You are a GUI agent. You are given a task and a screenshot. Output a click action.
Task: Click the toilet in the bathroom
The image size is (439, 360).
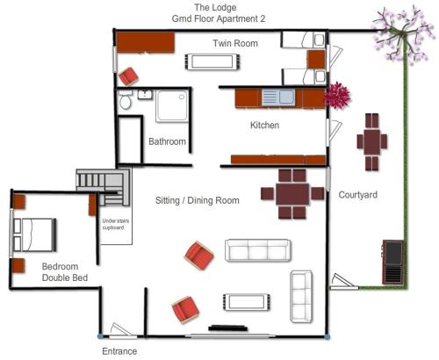[x=126, y=99]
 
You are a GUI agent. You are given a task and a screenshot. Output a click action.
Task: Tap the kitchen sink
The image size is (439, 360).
[x=278, y=97]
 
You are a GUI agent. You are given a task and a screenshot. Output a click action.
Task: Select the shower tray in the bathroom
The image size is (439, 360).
[x=172, y=105]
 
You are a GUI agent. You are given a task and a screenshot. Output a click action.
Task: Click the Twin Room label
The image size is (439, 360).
[x=235, y=43]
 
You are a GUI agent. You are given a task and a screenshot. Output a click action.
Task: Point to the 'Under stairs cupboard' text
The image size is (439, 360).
[x=115, y=224]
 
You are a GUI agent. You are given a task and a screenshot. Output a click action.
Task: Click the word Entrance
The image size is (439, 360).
[x=119, y=351]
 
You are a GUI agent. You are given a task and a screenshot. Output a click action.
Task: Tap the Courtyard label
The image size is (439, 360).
[x=357, y=195]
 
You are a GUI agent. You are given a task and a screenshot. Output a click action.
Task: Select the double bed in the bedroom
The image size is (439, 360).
[x=34, y=234]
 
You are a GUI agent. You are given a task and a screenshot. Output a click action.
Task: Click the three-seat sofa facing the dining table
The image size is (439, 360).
[x=258, y=250]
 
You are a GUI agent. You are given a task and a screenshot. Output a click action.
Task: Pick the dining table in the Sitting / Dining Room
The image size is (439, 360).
[x=292, y=194]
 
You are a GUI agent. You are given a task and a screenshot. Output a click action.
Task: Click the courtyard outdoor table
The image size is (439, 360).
[x=372, y=142]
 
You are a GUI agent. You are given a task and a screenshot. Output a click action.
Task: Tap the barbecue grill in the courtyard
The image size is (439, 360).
[x=393, y=262]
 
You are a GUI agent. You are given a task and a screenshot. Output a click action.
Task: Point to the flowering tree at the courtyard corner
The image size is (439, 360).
[x=402, y=34]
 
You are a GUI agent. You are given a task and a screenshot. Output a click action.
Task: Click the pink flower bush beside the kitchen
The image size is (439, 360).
[x=337, y=96]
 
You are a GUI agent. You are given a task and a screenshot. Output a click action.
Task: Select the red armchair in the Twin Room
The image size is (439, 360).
[x=128, y=76]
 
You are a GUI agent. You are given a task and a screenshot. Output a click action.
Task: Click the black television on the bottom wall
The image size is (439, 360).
[x=228, y=328]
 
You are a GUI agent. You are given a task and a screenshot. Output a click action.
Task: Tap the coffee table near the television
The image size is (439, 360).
[x=246, y=302]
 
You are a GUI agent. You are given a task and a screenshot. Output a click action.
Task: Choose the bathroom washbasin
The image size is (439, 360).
[x=145, y=95]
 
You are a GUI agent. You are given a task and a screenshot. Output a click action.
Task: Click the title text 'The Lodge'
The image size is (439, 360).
[x=215, y=8]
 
